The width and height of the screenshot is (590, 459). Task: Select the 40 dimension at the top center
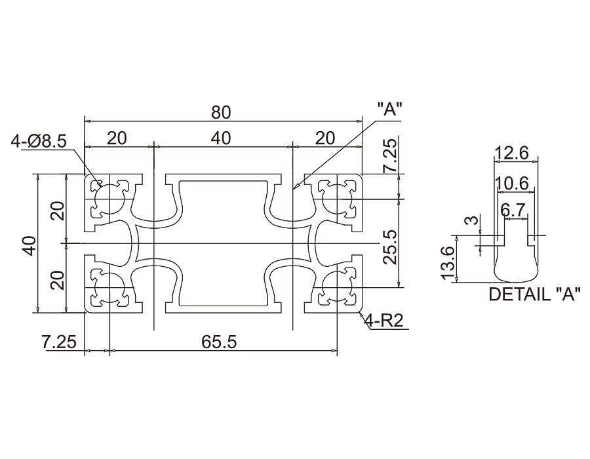pos(221,138)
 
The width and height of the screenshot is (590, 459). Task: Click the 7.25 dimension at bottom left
pos(59,342)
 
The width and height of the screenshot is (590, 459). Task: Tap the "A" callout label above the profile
pos(389,110)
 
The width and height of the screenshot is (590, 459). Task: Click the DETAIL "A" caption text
pos(535,294)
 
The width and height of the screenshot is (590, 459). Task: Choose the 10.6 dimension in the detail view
pos(513,184)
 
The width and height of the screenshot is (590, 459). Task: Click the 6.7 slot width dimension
pos(513,210)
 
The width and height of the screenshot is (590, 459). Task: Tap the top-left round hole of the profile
pos(107,197)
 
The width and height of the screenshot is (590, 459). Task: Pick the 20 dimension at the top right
pos(325,138)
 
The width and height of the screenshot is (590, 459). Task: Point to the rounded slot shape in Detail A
pos(513,259)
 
